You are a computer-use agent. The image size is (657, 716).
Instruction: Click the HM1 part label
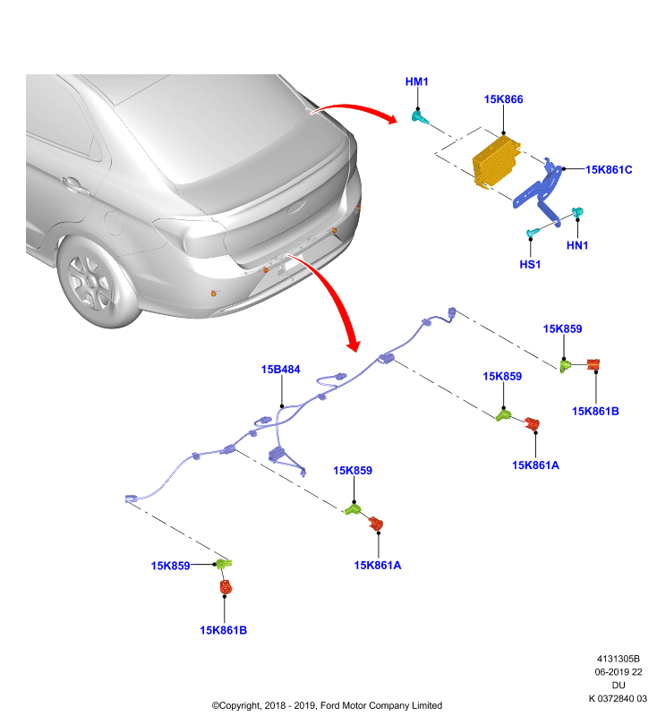click(416, 81)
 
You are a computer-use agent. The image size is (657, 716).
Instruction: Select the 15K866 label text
click(503, 99)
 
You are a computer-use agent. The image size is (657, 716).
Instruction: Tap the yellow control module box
click(496, 162)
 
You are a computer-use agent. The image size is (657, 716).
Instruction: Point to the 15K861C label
click(609, 170)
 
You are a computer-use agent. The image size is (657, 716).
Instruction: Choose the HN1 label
click(577, 245)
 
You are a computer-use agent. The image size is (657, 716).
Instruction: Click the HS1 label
click(530, 264)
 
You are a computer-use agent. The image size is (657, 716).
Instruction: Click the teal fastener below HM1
click(420, 117)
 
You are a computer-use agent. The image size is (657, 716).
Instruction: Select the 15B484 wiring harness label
click(280, 370)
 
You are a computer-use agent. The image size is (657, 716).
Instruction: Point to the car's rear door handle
click(75, 185)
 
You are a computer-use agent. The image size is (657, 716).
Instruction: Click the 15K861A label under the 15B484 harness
click(378, 566)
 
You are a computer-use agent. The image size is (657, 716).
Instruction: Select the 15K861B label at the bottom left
click(223, 630)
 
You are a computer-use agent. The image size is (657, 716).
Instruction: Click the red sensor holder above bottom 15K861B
click(226, 586)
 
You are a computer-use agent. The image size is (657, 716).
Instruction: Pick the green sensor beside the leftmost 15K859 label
click(223, 564)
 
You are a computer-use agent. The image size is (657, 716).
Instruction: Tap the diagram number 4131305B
click(619, 659)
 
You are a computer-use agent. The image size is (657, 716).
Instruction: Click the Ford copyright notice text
click(327, 705)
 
